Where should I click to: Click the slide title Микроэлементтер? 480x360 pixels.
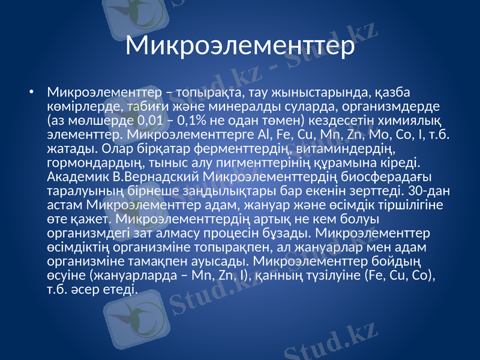coord(240,44)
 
